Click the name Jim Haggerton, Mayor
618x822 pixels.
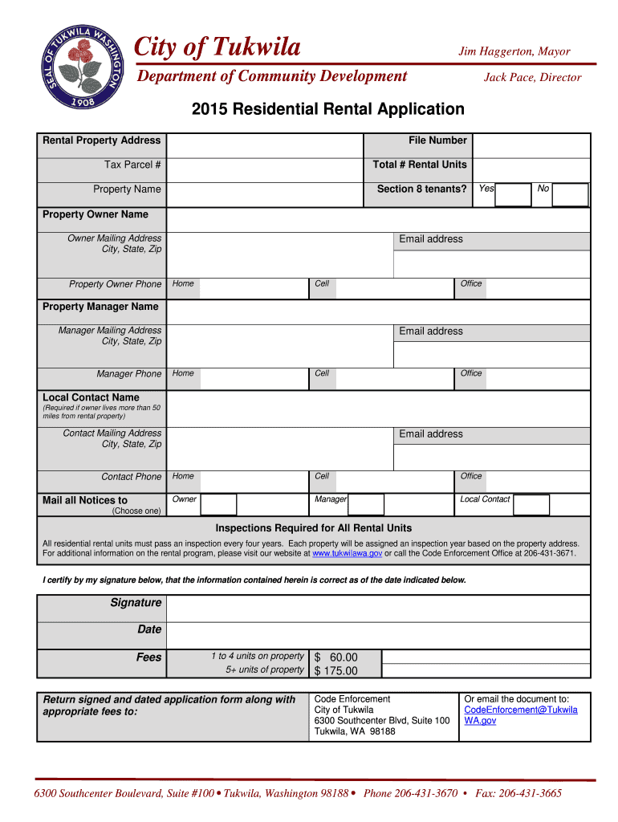click(x=514, y=51)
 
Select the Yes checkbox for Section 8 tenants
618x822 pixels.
click(x=514, y=193)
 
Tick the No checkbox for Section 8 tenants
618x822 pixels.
click(x=571, y=194)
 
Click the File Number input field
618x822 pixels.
click(x=531, y=144)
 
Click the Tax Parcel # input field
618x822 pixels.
click(x=265, y=169)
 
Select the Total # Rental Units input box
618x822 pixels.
click(x=531, y=169)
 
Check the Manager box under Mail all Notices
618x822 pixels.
click(x=366, y=504)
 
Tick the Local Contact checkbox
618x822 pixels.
click(x=531, y=504)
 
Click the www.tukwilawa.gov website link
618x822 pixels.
click(x=347, y=554)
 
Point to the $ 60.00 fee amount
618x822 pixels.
click(x=335, y=657)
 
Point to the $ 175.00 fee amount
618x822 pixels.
click(x=335, y=671)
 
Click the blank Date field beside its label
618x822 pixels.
click(x=377, y=633)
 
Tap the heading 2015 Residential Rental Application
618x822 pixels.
click(x=327, y=109)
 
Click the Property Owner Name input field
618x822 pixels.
click(x=377, y=219)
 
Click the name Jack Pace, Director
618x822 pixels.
click(x=532, y=78)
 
